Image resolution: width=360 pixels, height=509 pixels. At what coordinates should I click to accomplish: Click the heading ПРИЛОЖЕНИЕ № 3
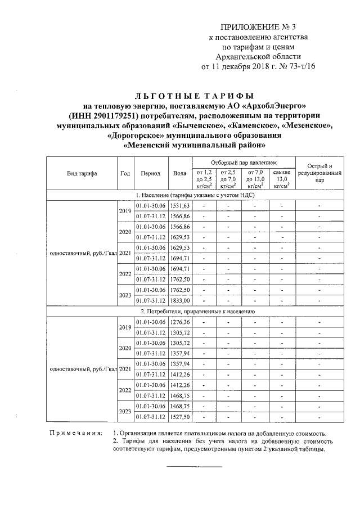[259, 26]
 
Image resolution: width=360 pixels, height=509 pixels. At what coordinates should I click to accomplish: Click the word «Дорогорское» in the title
[138, 136]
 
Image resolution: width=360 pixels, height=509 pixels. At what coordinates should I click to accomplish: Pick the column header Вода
[180, 173]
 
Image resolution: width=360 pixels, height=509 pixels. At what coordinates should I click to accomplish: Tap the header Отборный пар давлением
[242, 161]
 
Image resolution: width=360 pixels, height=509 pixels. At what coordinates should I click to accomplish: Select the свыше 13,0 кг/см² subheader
[281, 178]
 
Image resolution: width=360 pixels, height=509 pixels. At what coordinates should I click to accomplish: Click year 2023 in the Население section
[124, 295]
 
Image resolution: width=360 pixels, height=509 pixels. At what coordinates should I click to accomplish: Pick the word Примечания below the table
[75, 433]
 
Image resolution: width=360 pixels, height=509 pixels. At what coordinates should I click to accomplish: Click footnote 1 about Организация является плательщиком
[219, 433]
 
